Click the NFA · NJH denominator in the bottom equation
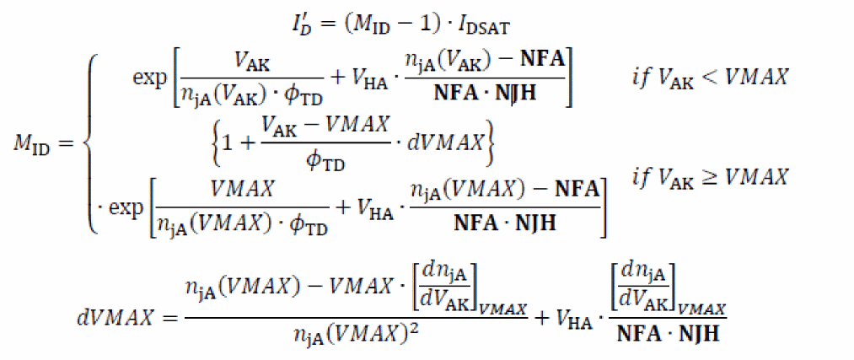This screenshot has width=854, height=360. (x=669, y=335)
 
